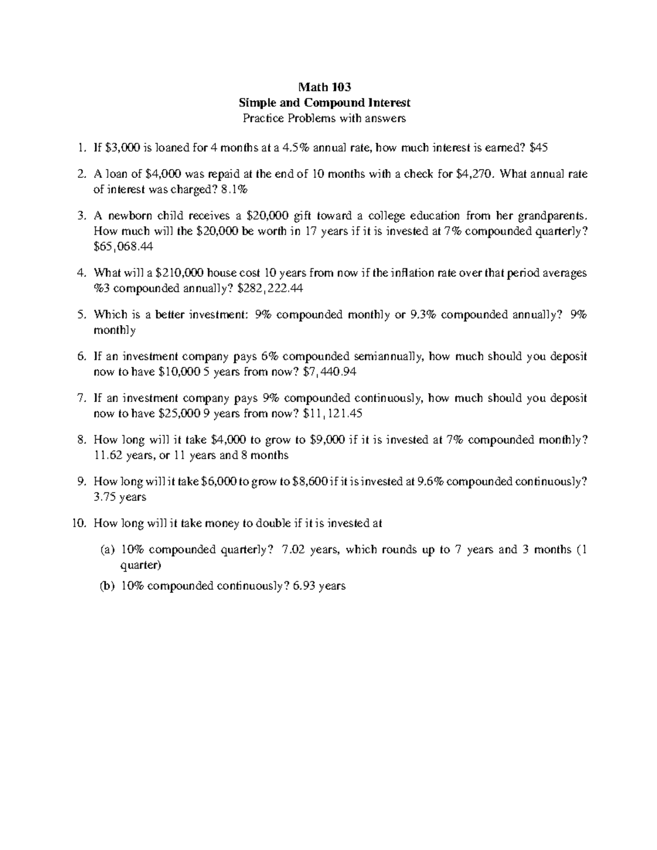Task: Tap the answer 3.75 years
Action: pyautogui.click(x=120, y=497)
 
